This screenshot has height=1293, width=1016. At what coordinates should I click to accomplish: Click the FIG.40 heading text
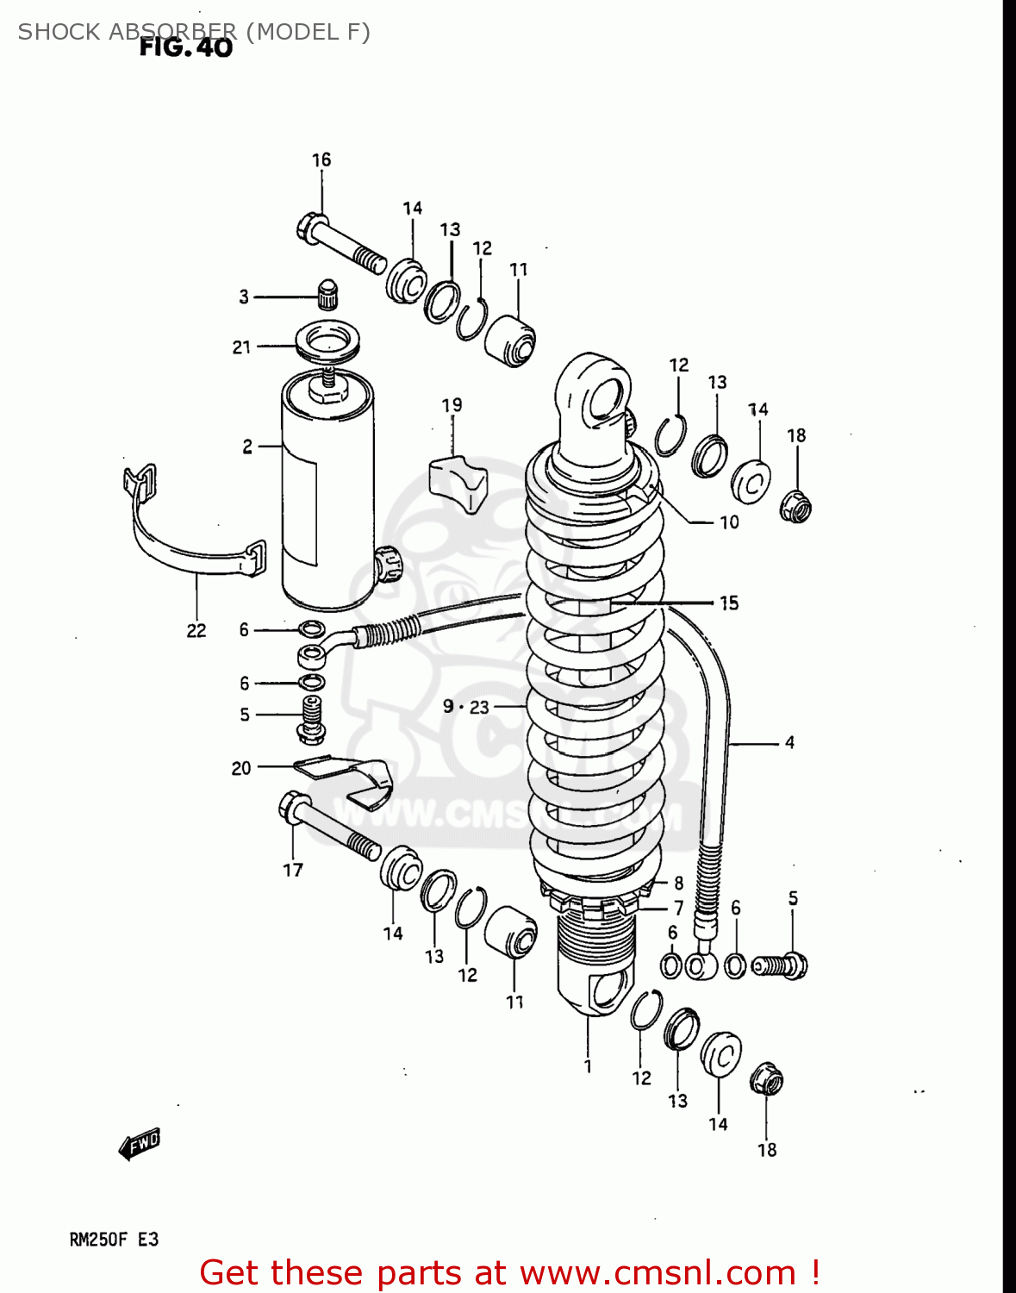pyautogui.click(x=186, y=48)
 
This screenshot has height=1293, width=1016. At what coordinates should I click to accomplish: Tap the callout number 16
pyautogui.click(x=321, y=159)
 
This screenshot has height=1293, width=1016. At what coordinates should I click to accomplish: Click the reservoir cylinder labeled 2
pyautogui.click(x=327, y=491)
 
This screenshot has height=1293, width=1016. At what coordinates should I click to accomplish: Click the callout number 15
pyautogui.click(x=729, y=603)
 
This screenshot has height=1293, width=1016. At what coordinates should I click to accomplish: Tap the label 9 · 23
pyautogui.click(x=465, y=707)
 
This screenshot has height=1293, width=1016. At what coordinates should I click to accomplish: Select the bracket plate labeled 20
pyautogui.click(x=345, y=776)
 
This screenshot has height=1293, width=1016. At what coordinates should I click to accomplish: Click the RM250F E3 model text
pyautogui.click(x=114, y=1240)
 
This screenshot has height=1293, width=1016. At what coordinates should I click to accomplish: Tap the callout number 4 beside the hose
pyautogui.click(x=789, y=742)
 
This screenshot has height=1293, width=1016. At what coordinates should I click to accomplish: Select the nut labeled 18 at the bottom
pyautogui.click(x=766, y=1079)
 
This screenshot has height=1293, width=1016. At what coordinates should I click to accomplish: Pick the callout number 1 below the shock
pyautogui.click(x=588, y=1066)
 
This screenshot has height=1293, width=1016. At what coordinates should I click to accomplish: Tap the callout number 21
pyautogui.click(x=241, y=347)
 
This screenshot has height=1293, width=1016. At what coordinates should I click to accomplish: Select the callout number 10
pyautogui.click(x=729, y=522)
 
